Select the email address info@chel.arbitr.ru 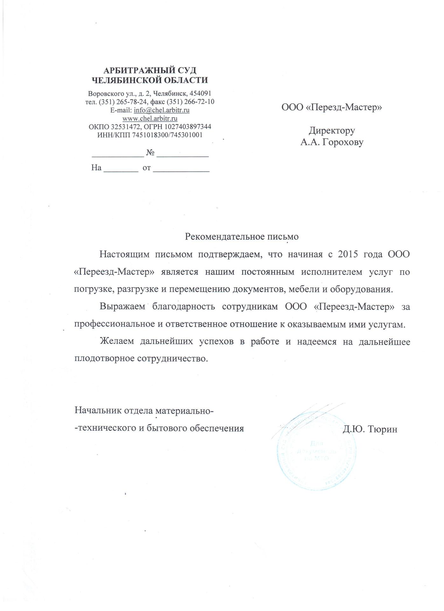tap(162, 110)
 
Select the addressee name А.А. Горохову tap(332, 142)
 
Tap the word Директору tap(332, 130)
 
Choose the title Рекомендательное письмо tap(242, 237)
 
